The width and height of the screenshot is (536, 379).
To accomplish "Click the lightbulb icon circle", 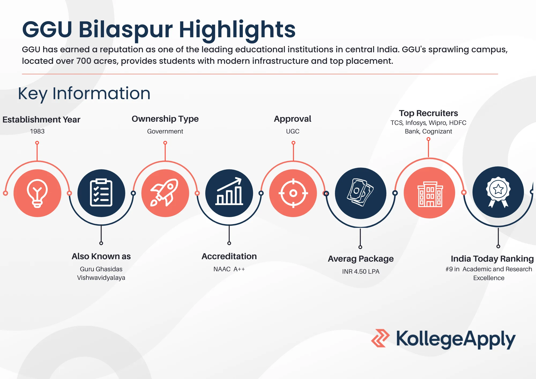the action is click(37, 193).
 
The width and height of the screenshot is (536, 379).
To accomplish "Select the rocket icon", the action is click(165, 192).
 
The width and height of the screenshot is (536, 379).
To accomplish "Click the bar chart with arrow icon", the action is click(229, 191).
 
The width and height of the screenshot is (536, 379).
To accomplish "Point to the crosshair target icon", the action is click(293, 193).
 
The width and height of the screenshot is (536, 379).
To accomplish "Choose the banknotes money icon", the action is click(360, 192).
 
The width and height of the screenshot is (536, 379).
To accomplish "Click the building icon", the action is click(430, 194).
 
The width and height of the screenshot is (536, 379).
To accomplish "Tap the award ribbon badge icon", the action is click(498, 192).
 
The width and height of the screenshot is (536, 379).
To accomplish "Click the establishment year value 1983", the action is click(37, 131).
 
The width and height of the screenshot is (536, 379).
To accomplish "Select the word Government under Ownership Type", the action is click(165, 131).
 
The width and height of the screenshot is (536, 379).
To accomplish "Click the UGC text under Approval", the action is click(293, 131).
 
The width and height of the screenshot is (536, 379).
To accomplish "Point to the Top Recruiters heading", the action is click(428, 113).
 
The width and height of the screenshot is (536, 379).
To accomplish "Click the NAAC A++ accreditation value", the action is click(229, 269).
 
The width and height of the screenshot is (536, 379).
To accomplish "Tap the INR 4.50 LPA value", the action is click(361, 272).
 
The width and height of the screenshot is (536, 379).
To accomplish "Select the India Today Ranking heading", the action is click(492, 259).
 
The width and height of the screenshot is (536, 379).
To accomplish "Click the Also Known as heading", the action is click(101, 257).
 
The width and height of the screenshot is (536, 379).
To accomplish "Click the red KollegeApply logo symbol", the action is click(380, 338).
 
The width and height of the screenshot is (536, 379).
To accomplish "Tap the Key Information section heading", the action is click(84, 94).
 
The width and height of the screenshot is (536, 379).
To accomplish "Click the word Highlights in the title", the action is click(237, 30).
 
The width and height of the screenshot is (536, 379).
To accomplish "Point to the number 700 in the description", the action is click(84, 61).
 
